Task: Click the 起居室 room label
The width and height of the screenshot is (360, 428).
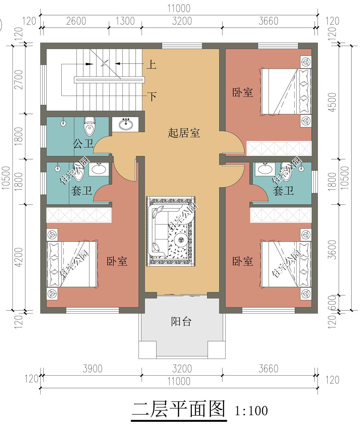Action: click(x=184, y=133)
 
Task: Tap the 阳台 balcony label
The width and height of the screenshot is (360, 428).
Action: click(x=181, y=322)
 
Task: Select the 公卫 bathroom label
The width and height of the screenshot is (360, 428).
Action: click(x=83, y=144)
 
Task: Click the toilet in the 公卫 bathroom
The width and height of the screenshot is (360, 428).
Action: click(x=89, y=126)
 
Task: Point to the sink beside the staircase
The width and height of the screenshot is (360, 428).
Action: click(x=126, y=124)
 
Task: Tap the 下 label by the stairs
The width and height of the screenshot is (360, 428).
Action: click(x=152, y=97)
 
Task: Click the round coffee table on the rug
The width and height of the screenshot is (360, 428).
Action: click(x=180, y=239)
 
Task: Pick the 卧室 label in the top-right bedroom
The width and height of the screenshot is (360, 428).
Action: click(x=242, y=92)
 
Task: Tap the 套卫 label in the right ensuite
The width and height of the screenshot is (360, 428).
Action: click(x=283, y=191)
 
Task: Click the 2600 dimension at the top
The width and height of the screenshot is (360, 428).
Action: click(x=76, y=21)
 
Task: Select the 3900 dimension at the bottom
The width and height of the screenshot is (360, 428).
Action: click(x=92, y=369)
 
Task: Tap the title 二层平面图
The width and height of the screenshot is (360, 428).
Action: click(x=179, y=410)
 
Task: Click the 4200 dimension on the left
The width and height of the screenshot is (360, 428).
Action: click(x=19, y=257)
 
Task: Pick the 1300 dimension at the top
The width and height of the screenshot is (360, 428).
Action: click(x=125, y=21)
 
